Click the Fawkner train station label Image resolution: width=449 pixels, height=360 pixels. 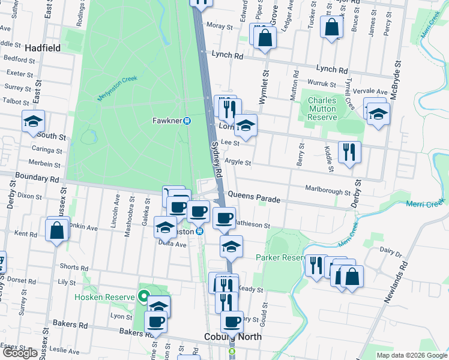tap(167, 120)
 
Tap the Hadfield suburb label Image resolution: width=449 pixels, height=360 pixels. tap(40, 47)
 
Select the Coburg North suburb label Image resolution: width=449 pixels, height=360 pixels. tap(233, 337)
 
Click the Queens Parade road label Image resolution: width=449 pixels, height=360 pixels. tap(255, 196)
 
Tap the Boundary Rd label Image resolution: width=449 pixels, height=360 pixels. tap(38, 179)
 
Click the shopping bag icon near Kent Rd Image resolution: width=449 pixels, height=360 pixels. tap(56, 230)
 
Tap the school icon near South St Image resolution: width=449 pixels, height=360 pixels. tap(34, 122)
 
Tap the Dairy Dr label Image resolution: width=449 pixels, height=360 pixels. tap(390, 252)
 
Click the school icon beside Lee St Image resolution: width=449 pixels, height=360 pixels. tap(246, 126)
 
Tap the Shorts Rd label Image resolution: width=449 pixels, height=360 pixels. tap(74, 267)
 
